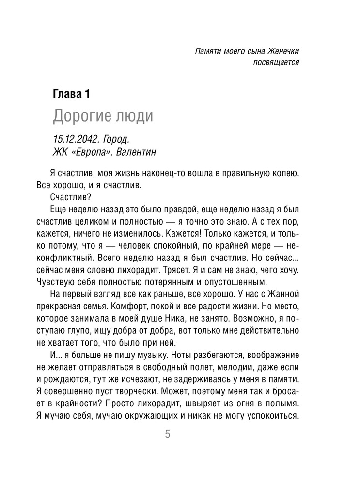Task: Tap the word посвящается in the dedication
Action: pyautogui.click(x=275, y=63)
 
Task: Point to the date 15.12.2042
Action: pyautogui.click(x=71, y=140)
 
